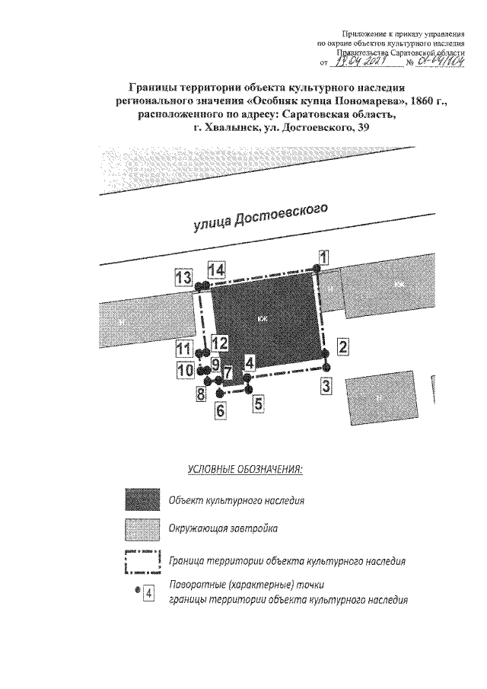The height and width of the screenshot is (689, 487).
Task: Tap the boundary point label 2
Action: point(343,347)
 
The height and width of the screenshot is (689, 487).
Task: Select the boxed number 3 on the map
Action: point(326,384)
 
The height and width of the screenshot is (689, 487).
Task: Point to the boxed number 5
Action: point(259,404)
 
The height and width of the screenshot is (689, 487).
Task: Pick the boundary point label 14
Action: point(217,270)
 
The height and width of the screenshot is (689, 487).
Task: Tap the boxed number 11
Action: point(183,349)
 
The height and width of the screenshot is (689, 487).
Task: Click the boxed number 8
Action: point(200,394)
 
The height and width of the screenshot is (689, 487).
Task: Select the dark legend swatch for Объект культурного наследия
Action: point(143,499)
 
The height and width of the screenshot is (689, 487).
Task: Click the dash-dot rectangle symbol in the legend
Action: point(143,562)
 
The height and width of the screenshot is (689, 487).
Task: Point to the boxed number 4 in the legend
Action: point(149,593)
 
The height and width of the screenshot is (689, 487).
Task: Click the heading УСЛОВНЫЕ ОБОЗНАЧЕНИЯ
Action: point(244,467)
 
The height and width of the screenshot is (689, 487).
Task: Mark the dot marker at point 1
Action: point(315,268)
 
